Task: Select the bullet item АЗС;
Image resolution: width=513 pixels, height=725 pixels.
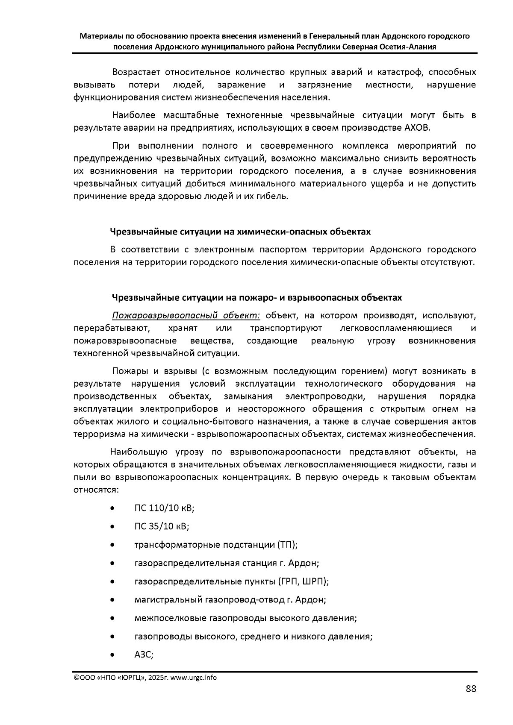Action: (144, 655)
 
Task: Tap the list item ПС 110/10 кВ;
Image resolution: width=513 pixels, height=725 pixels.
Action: (164, 508)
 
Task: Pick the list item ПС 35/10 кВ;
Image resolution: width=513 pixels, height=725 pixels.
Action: (162, 526)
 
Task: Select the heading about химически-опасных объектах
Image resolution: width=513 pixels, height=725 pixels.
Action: (240, 232)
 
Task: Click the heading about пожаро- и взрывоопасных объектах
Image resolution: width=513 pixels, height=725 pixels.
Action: (256, 297)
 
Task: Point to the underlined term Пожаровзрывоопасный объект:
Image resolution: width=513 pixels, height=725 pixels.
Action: (186, 316)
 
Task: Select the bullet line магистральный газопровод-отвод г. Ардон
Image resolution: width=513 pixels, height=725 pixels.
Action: (230, 600)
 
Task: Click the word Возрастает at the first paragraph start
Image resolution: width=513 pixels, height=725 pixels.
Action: (136, 72)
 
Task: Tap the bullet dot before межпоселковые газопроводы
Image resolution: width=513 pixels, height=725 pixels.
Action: (112, 618)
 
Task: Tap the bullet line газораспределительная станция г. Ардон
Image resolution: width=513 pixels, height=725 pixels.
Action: (227, 563)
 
